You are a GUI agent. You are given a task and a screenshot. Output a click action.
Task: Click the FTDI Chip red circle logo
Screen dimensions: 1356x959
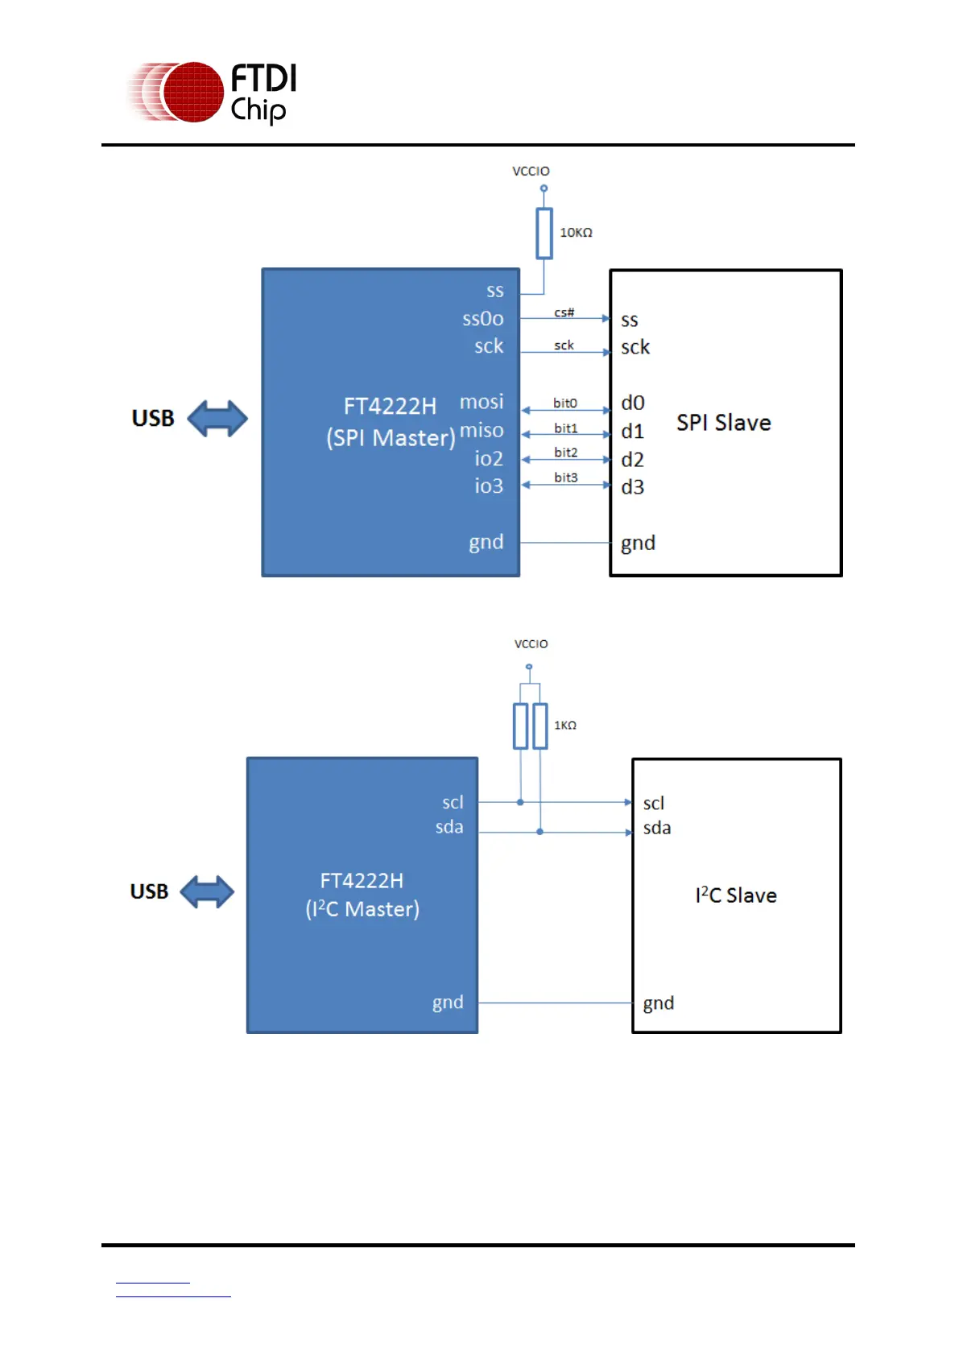192,92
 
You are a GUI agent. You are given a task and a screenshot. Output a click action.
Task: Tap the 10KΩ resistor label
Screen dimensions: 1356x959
576,233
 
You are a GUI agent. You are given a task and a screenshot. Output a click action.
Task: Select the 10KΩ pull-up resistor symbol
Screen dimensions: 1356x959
544,234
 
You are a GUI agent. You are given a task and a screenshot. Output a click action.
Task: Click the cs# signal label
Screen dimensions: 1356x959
564,312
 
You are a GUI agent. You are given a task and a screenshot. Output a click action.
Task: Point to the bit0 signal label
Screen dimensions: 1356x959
565,403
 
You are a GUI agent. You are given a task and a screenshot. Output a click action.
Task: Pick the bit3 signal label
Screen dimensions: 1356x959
566,477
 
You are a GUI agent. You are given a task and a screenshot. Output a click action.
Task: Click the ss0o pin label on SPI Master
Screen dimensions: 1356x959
482,319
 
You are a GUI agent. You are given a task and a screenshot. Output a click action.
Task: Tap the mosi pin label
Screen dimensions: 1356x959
482,402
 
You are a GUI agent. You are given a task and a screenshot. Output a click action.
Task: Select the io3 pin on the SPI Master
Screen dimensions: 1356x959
488,486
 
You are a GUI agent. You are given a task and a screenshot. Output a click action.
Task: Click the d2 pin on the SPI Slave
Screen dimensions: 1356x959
632,460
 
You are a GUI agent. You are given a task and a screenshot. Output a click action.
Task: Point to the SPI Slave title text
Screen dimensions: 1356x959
723,423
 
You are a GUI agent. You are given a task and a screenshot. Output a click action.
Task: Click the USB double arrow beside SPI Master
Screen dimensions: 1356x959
217,419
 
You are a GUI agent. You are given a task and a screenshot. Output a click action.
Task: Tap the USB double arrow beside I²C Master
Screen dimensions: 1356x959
207,892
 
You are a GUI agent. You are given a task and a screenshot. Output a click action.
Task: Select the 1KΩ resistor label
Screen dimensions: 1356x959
565,726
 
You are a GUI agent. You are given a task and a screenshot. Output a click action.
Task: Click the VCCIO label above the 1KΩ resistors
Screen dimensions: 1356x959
531,644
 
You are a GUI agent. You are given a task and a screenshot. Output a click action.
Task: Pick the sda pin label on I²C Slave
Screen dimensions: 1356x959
656,828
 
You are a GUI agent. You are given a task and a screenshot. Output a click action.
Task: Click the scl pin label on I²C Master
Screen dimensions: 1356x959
453,802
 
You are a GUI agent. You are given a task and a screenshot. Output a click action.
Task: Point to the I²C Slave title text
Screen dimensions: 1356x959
735,895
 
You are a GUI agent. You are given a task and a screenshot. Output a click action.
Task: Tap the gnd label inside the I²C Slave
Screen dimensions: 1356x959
658,1003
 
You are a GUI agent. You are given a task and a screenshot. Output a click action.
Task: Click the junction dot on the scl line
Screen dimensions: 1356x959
520,802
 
